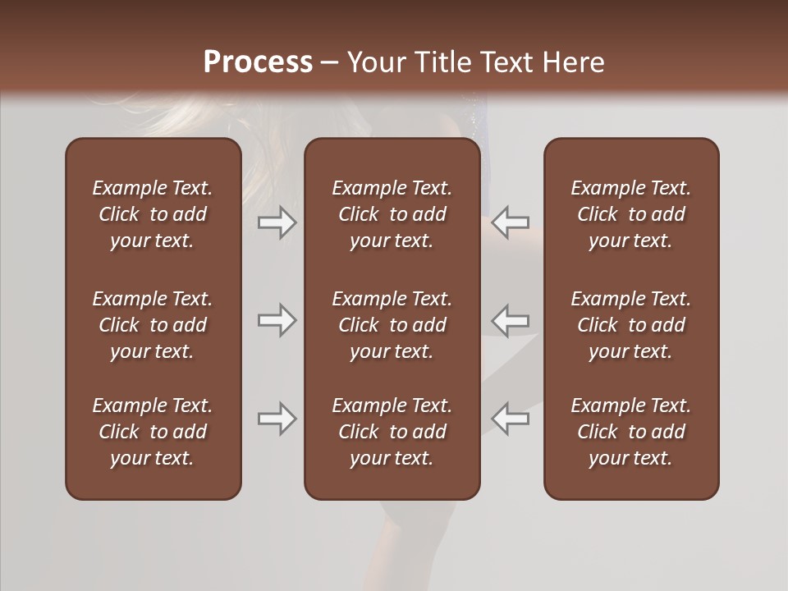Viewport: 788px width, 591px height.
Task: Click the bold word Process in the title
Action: (258, 62)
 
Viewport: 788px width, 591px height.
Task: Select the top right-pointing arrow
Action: (277, 222)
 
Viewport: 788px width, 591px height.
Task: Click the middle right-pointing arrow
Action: (277, 320)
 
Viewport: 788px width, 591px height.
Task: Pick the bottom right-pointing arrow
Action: (277, 419)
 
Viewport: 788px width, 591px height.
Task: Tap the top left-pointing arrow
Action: (511, 222)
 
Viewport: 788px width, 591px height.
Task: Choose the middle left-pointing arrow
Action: (511, 320)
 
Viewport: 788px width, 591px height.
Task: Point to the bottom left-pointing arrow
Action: (511, 419)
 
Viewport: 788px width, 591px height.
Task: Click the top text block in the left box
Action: (153, 214)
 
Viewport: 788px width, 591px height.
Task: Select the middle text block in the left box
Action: (153, 325)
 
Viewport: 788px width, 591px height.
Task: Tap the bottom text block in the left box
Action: (153, 432)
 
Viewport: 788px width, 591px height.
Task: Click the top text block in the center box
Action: (392, 214)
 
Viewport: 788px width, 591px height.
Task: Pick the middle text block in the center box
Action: (392, 325)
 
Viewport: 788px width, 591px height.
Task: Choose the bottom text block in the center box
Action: (392, 432)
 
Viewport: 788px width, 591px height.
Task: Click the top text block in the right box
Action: (630, 214)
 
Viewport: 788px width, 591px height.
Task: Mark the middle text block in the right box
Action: (630, 325)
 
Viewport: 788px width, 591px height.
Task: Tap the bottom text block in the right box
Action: (630, 432)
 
